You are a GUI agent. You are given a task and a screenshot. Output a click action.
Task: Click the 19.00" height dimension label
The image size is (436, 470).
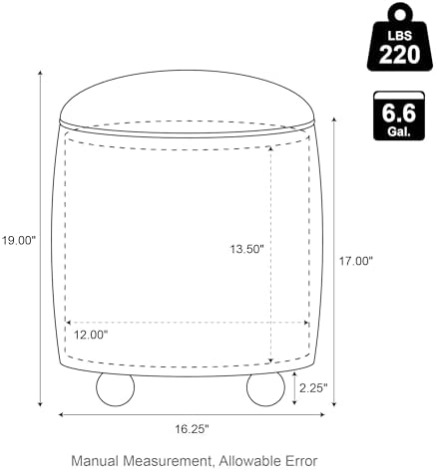[x=19, y=240]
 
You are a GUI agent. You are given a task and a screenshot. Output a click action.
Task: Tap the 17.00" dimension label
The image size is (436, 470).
[x=355, y=261]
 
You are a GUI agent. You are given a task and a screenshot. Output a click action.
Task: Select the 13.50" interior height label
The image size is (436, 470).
[x=247, y=249]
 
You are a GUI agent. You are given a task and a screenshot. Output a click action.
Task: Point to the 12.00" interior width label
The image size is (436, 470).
[x=91, y=335]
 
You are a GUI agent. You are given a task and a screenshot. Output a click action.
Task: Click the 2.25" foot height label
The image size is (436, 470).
[x=313, y=387]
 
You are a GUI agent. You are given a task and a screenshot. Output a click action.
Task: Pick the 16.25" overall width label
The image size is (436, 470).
[x=192, y=429]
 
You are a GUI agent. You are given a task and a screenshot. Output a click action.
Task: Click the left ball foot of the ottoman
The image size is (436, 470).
[x=115, y=389]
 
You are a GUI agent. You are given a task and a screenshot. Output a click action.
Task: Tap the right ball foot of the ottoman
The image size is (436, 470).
[x=265, y=389]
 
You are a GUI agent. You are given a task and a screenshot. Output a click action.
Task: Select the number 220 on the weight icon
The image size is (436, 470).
[x=400, y=55]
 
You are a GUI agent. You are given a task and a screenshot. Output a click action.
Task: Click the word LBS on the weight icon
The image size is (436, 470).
[x=400, y=36]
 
